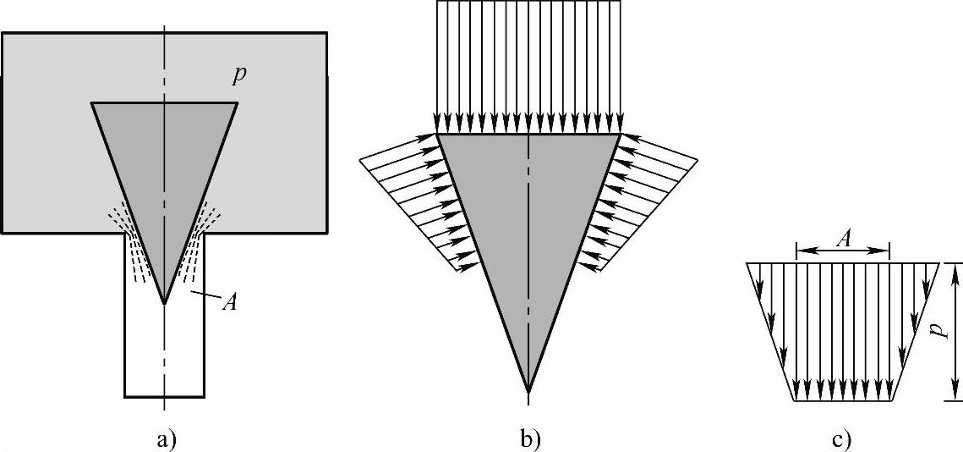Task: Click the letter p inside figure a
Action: (x=239, y=77)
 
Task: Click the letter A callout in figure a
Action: (x=227, y=302)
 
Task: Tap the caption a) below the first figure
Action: (x=166, y=438)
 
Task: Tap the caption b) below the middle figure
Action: (x=530, y=438)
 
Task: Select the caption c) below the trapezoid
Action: (x=842, y=438)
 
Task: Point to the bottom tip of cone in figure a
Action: (x=165, y=303)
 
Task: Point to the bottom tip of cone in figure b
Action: (x=528, y=391)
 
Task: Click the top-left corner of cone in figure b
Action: (x=436, y=134)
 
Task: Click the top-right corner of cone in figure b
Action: (x=621, y=134)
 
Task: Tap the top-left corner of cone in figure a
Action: (x=92, y=103)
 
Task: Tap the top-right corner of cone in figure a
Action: (x=237, y=103)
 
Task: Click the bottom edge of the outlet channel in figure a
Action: (x=164, y=396)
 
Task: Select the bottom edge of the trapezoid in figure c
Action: (x=843, y=401)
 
